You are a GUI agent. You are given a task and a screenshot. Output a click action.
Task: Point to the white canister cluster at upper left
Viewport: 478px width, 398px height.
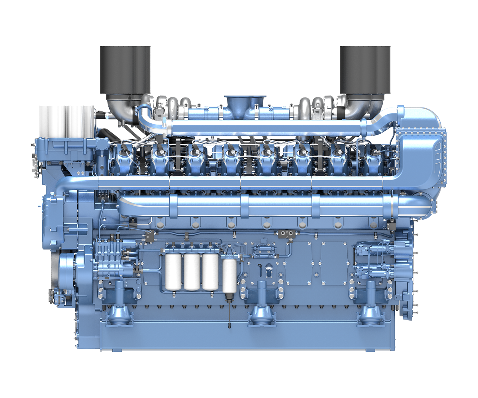click(67, 119)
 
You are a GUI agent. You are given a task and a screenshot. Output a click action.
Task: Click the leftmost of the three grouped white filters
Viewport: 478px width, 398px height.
click(173, 271)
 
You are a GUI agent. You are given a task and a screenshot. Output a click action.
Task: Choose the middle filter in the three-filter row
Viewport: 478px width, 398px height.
click(192, 271)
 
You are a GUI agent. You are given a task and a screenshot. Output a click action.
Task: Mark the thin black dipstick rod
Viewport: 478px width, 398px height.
click(229, 314)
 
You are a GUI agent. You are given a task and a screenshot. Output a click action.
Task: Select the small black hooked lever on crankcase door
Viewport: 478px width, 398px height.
click(260, 269)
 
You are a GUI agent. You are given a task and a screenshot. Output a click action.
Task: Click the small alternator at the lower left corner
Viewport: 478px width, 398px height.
click(54, 297)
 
